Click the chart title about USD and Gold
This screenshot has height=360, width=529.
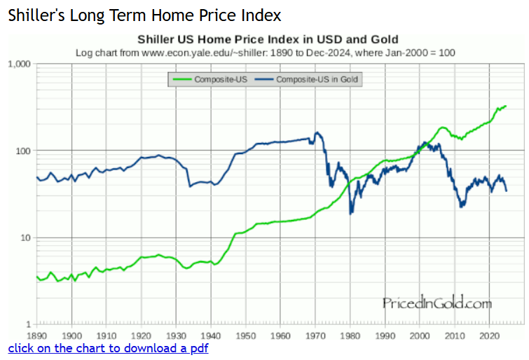268,39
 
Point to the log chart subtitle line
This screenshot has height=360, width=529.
268,53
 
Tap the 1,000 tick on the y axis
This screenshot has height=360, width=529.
18,64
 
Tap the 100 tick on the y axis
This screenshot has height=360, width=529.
22,151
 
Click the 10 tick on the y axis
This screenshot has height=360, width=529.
25,238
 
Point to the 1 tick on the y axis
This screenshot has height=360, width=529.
29,325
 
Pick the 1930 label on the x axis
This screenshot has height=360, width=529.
176,335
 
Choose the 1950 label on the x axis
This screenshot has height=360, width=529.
245,335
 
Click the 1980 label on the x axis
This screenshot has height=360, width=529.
350,335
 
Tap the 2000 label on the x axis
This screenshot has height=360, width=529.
419,335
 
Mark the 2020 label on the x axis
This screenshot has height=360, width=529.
488,335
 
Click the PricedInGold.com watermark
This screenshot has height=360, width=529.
437,303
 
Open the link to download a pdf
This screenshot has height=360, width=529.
108,348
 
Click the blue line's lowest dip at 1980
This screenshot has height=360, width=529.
350,212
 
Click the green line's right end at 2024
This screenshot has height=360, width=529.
506,106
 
